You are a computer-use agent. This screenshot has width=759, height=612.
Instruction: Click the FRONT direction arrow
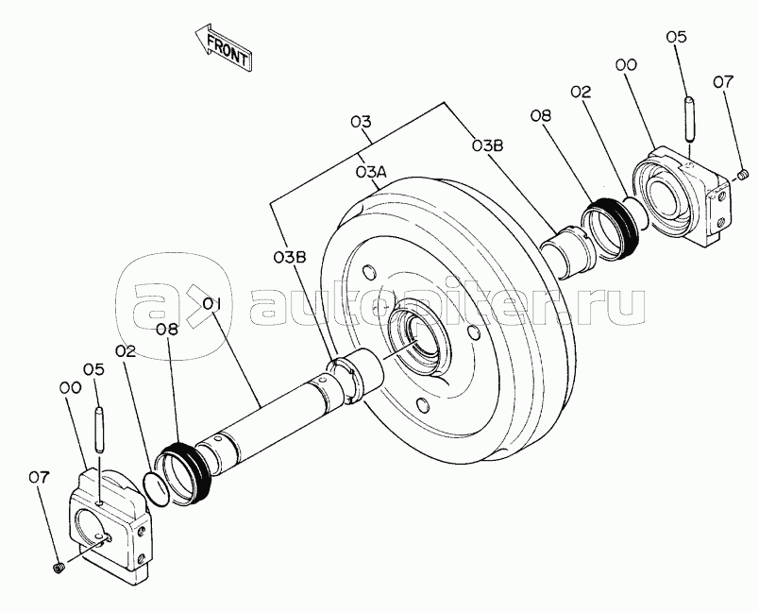coord(222,48)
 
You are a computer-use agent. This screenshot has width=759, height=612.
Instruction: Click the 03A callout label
coord(371,172)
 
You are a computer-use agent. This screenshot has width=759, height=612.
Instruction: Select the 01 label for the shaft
coord(211,304)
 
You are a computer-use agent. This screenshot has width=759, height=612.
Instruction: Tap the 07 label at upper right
coord(723,82)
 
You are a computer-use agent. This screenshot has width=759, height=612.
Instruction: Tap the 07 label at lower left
coord(38,478)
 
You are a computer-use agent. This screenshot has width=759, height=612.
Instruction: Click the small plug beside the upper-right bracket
coord(742,173)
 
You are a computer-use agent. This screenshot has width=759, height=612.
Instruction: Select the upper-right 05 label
coord(676,37)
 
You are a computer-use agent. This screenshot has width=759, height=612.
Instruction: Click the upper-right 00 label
coord(625,64)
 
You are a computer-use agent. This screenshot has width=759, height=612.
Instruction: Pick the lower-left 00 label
coord(69,387)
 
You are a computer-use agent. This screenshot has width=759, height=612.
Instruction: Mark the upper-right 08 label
coord(541,117)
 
